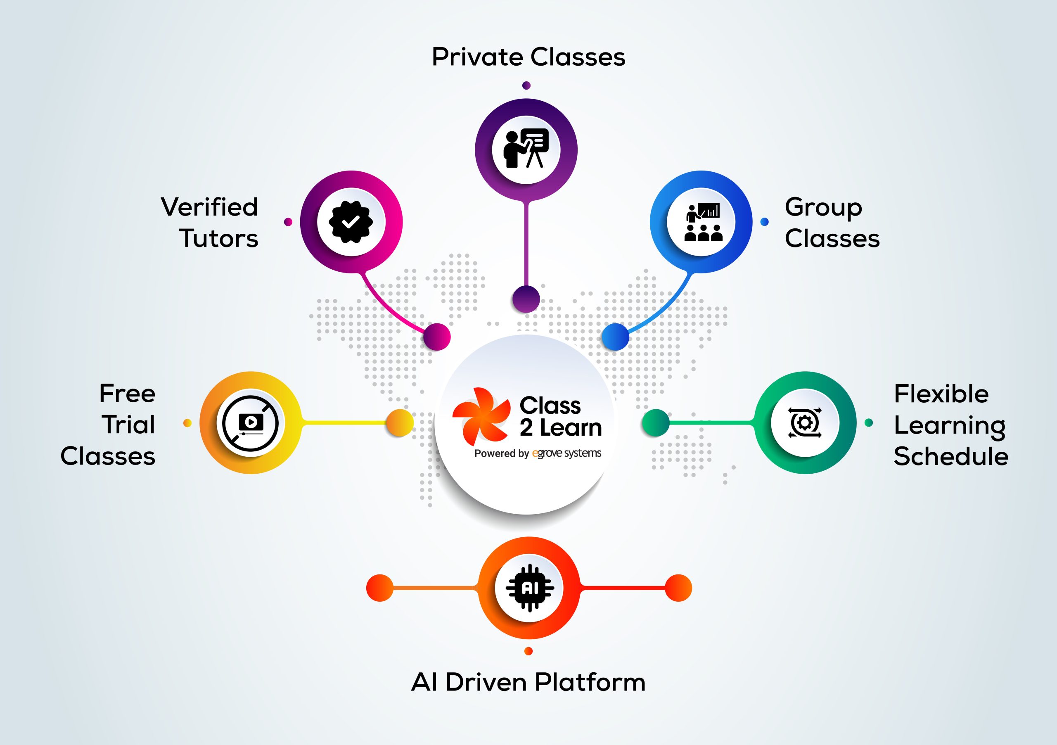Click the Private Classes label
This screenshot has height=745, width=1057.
[528, 57]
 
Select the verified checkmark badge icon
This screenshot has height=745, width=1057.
[351, 222]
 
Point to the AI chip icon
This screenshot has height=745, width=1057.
[529, 588]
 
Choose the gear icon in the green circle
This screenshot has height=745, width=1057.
[805, 422]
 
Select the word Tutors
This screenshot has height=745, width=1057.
[219, 239]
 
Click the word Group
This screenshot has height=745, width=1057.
[823, 207]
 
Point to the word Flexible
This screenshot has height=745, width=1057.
[941, 394]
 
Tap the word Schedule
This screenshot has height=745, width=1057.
[950, 456]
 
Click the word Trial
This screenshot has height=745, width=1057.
[128, 425]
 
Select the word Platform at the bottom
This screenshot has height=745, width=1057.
[591, 682]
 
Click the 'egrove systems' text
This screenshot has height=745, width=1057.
[567, 453]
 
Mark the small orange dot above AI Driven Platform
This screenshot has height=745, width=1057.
[528, 651]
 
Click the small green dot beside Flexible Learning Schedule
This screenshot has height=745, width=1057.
[869, 423]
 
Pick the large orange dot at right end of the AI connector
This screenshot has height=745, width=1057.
[678, 588]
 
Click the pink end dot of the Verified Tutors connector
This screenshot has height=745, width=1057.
[436, 337]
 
